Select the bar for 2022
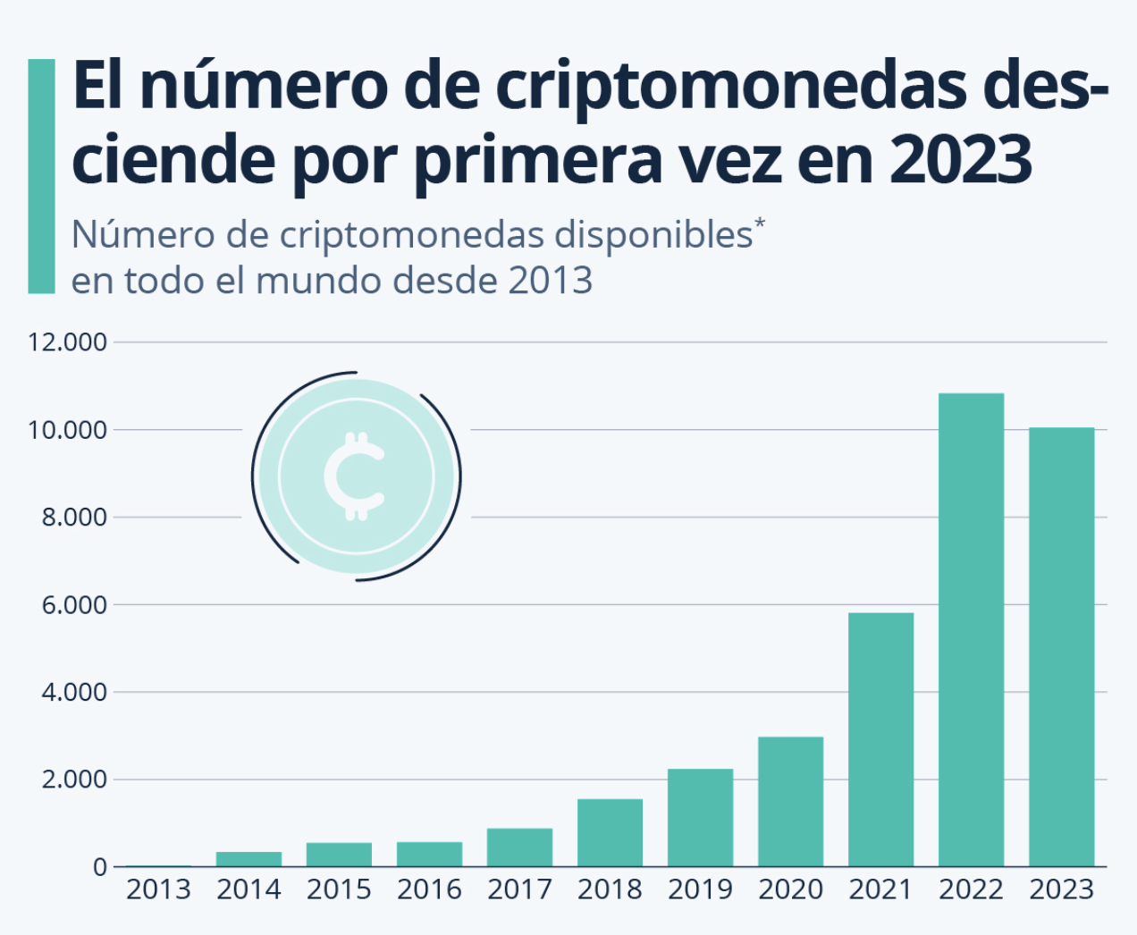pos(971,629)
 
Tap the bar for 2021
pos(880,739)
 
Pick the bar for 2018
pos(610,832)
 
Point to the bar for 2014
pos(248,859)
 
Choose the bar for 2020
pos(790,801)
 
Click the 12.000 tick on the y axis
pos(67,342)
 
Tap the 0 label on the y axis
pos(99,867)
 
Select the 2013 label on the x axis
pos(158,890)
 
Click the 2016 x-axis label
pos(429,890)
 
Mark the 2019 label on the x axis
pos(700,890)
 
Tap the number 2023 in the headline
pos(961,160)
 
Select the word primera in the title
pos(537,160)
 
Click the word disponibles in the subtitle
pos(653,235)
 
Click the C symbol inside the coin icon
pos(355,476)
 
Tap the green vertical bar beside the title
pos(41,176)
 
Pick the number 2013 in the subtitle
pos(550,281)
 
